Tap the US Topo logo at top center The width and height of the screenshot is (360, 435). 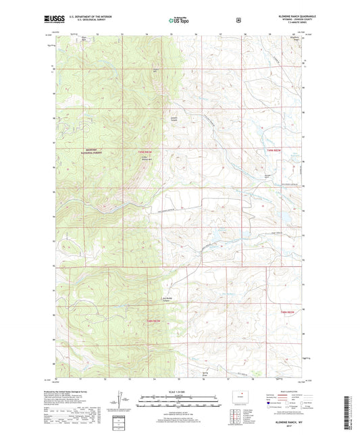point(179,21)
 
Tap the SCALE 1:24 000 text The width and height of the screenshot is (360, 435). point(179,391)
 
